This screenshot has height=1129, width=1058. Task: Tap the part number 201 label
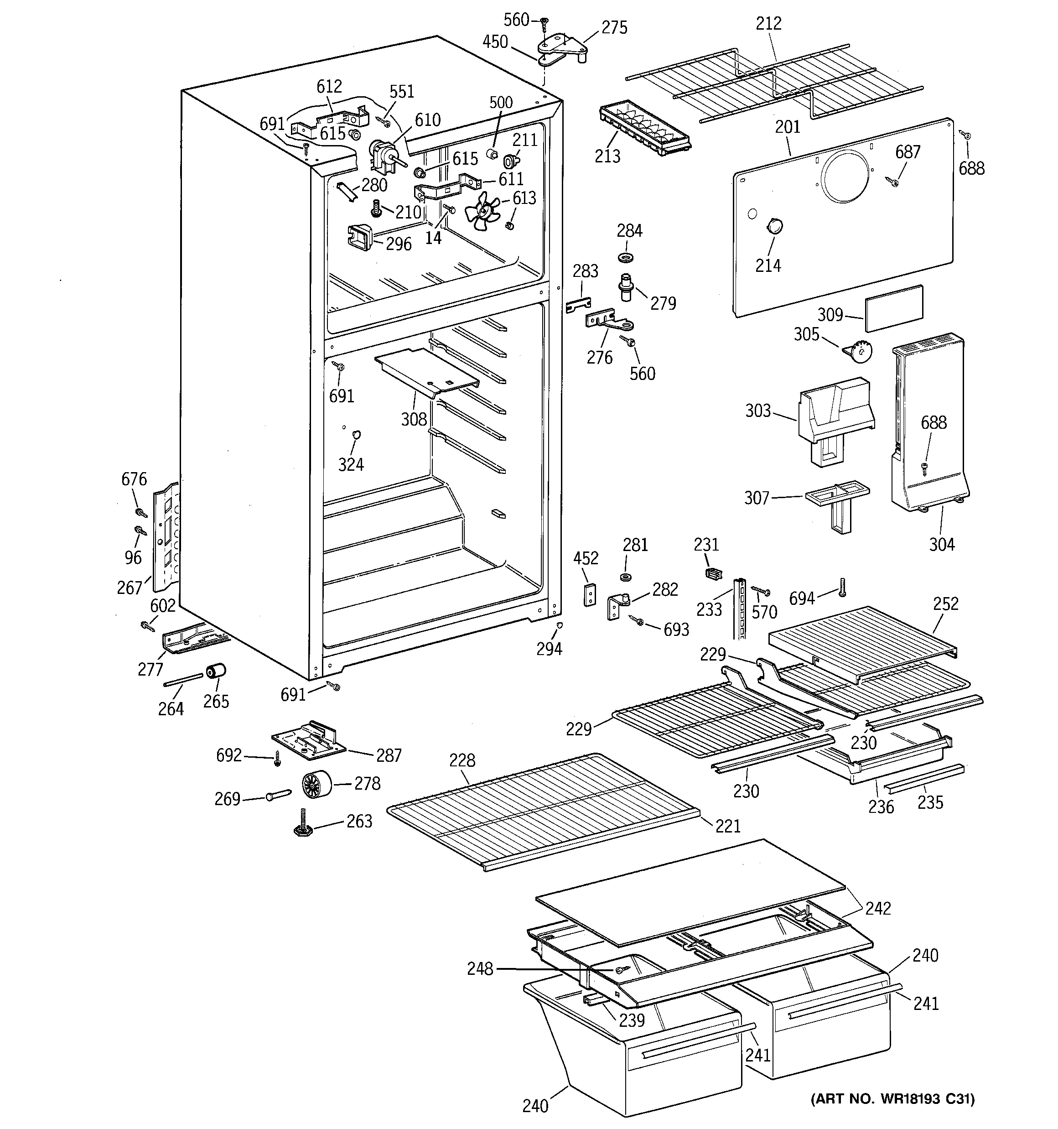[x=787, y=127]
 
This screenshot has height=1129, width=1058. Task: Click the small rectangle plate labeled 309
[x=894, y=308]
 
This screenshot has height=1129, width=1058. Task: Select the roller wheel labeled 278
[x=316, y=786]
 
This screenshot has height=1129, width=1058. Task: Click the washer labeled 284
[x=626, y=258]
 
